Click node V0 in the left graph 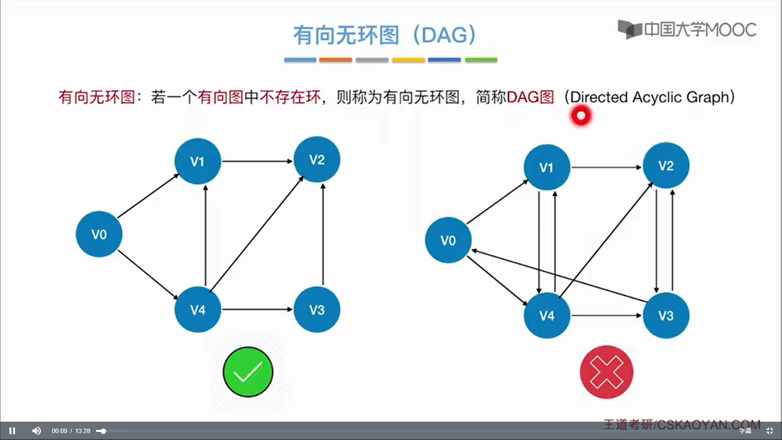99,234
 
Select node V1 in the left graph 198,161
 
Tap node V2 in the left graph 317,159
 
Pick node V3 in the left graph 317,310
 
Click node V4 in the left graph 198,310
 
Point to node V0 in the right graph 448,240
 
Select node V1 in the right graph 547,167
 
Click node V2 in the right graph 666,165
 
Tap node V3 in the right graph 666,315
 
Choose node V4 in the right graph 547,315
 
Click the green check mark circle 248,372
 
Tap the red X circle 606,372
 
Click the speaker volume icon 37,431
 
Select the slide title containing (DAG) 385,35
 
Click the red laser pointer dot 581,116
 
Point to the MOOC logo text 687,29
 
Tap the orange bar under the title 336,60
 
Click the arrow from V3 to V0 559,276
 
